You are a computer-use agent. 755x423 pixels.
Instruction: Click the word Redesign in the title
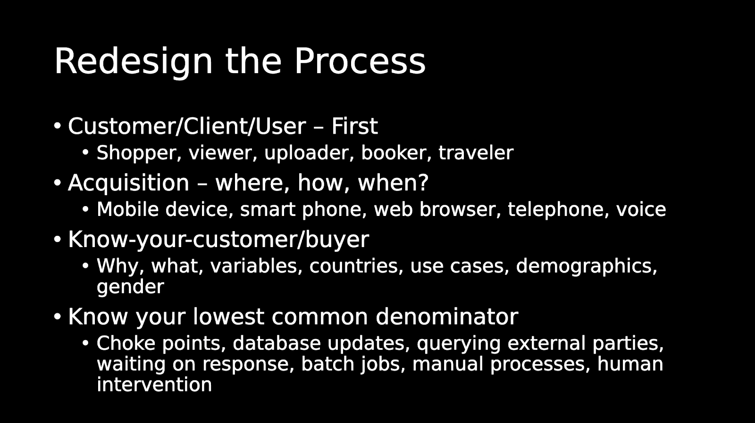134,61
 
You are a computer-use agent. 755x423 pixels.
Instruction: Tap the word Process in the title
360,61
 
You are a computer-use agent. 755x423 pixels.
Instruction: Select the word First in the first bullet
354,126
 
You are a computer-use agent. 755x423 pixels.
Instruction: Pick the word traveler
476,153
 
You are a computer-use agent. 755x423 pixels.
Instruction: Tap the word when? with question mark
393,182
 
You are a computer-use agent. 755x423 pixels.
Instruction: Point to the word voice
641,209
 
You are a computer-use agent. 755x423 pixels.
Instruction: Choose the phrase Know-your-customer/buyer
218,240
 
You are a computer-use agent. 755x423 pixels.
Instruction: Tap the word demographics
587,266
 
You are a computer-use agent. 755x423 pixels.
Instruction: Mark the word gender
130,287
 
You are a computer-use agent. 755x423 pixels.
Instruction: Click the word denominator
447,316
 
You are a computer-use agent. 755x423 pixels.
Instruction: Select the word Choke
126,343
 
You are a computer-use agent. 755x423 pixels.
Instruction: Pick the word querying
459,344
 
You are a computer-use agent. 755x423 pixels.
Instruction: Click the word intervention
154,385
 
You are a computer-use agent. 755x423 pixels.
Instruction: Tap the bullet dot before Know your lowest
58,316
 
